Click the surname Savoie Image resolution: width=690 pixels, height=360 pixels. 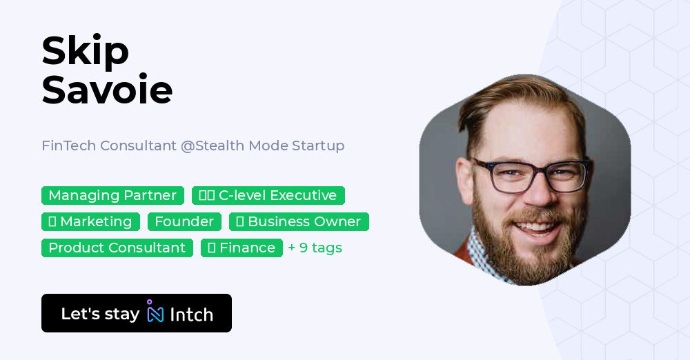pyautogui.click(x=107, y=90)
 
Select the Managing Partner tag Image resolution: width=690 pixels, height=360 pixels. pyautogui.click(x=112, y=196)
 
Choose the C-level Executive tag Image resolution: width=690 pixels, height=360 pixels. pyautogui.click(x=268, y=196)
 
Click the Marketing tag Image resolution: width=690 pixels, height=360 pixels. pyautogui.click(x=90, y=222)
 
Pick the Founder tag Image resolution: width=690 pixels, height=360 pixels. pyautogui.click(x=184, y=222)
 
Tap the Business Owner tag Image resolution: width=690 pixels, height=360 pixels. pyautogui.click(x=299, y=222)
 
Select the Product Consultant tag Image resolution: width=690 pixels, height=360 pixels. pyautogui.click(x=117, y=248)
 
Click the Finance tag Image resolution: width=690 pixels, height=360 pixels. pyautogui.click(x=241, y=248)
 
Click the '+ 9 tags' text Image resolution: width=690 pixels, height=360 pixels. pyautogui.click(x=315, y=248)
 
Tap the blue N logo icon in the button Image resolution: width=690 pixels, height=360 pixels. pyautogui.click(x=155, y=314)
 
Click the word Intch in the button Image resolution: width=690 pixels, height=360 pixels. pyautogui.click(x=191, y=314)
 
